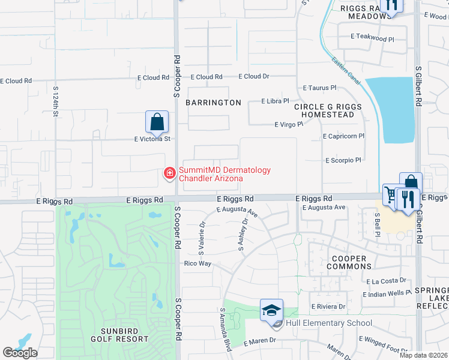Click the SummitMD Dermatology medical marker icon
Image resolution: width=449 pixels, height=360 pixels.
(x=170, y=174)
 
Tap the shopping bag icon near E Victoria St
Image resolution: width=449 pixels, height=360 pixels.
(x=157, y=122)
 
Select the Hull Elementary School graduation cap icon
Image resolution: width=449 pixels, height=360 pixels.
(x=271, y=310)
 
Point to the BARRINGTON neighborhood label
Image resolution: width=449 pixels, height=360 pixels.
(x=213, y=103)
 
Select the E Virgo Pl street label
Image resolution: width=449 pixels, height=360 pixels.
(x=289, y=125)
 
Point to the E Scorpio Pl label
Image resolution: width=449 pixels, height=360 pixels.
(x=343, y=160)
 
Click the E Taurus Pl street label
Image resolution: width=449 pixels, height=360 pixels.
(x=319, y=88)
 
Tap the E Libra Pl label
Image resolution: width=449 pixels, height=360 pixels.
(x=276, y=101)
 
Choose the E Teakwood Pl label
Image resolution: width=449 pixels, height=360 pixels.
(x=372, y=38)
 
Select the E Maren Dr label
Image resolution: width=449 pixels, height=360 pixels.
(x=259, y=340)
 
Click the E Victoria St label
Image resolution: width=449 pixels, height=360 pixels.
(x=152, y=139)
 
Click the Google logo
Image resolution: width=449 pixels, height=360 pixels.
(x=20, y=353)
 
